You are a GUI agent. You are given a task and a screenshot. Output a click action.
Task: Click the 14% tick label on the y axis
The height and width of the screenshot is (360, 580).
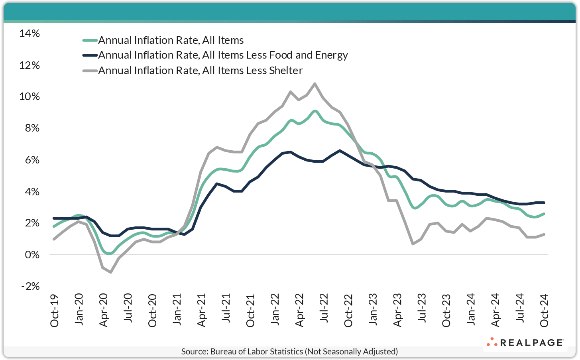click(29, 33)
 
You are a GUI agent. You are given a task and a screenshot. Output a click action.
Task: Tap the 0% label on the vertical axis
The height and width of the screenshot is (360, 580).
click(31, 254)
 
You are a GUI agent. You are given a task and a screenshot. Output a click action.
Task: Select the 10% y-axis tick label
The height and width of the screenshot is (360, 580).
click(29, 96)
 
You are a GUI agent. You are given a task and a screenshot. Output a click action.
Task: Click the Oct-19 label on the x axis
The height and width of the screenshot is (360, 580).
click(54, 311)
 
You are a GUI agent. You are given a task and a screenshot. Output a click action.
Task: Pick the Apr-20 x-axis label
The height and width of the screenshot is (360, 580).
click(103, 311)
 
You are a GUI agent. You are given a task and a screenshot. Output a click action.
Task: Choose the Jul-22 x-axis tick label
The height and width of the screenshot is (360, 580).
click(324, 311)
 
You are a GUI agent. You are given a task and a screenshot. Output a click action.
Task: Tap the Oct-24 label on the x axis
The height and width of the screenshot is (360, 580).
click(544, 311)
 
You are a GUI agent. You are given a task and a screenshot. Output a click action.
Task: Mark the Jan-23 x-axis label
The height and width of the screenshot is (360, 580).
click(373, 311)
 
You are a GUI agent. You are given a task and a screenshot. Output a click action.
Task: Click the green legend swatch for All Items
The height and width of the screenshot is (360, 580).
click(90, 40)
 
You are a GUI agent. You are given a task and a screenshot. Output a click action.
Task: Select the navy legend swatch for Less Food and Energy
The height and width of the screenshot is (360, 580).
click(90, 55)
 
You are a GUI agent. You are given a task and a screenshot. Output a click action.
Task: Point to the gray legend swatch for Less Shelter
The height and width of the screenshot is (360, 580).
click(90, 71)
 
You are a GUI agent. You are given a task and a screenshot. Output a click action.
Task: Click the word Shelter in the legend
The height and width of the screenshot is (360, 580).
click(285, 71)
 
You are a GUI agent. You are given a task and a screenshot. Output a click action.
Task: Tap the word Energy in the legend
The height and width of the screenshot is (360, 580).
click(331, 55)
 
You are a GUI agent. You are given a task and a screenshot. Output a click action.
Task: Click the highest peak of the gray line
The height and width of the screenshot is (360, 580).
click(315, 84)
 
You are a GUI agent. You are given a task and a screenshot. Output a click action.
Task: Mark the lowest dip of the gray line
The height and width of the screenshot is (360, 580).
click(110, 272)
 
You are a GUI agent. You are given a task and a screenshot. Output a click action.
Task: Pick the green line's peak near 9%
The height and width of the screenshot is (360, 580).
click(315, 111)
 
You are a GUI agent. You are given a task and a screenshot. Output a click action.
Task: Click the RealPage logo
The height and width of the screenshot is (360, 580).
click(525, 342)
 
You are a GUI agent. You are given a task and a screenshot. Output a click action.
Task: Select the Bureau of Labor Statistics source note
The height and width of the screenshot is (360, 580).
click(289, 352)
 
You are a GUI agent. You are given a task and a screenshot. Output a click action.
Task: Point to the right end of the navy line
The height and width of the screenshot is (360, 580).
click(544, 203)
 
